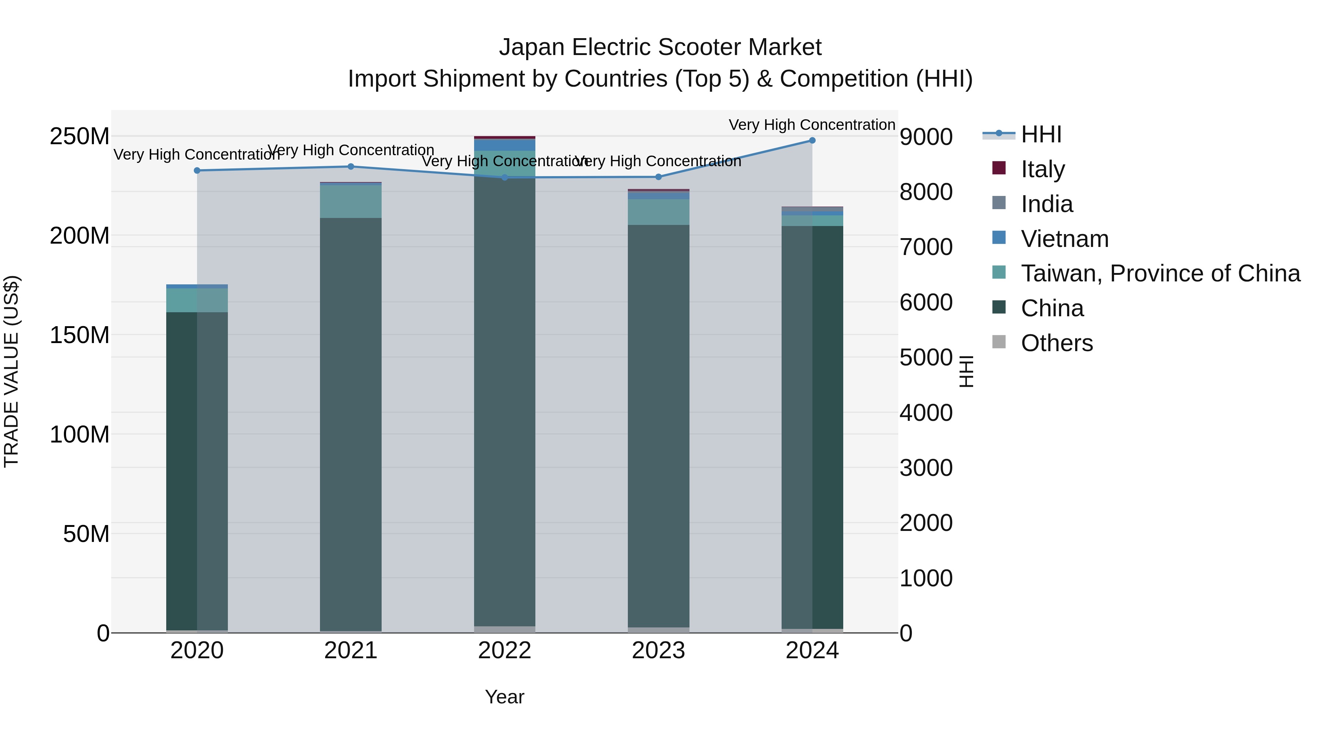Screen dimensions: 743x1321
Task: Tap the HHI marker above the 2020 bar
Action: [197, 171]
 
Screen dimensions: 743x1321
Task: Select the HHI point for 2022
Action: [505, 178]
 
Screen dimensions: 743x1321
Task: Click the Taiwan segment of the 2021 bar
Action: [351, 201]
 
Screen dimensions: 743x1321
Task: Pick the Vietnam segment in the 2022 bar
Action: [505, 145]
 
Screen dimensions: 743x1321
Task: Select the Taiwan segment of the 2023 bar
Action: [658, 212]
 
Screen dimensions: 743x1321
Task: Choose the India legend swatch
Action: [999, 203]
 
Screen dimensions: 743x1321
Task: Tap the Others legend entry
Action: [1056, 343]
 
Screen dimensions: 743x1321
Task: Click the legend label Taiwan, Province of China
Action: [1160, 273]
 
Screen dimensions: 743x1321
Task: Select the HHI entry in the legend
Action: [1041, 134]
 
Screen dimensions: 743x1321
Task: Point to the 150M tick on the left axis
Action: [80, 335]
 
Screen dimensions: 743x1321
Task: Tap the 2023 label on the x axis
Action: [658, 651]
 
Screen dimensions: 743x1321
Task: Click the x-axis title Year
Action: [505, 697]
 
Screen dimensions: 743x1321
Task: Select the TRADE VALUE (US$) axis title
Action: [11, 371]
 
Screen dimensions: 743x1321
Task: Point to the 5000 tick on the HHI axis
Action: [926, 357]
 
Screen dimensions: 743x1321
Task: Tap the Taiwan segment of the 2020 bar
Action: [197, 300]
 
